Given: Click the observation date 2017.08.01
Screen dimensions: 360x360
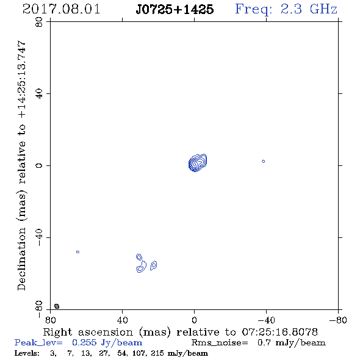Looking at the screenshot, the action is (x=61, y=9).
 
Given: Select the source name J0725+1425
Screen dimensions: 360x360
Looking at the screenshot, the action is (x=175, y=9).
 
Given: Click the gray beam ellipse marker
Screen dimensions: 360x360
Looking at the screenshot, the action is (x=57, y=306).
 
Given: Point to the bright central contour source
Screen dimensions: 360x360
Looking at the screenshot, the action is (x=198, y=163).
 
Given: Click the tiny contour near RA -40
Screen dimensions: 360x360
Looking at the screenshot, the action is (x=264, y=162).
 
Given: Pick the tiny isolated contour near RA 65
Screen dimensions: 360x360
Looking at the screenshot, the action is (x=77, y=252).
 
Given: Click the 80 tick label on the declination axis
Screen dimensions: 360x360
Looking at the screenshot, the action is (x=39, y=22).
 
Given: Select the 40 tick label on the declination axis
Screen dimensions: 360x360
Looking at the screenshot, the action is (x=39, y=94).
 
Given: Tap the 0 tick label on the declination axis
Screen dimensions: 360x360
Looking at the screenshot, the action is (x=39, y=165).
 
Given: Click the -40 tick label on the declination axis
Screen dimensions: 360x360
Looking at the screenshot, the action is (x=39, y=237).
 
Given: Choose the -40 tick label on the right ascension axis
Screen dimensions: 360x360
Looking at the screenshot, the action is (x=266, y=320).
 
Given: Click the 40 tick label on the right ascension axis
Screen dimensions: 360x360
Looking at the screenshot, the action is (x=123, y=320).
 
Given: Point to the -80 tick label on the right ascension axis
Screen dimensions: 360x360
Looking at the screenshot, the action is (x=338, y=320).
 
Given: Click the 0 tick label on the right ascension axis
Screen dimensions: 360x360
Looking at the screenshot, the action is (x=194, y=320).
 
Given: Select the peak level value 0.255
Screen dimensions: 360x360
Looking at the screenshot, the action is (x=84, y=342).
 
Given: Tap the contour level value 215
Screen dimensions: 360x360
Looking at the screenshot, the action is (x=157, y=353).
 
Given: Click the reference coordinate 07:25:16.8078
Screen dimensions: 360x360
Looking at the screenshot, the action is (x=280, y=332).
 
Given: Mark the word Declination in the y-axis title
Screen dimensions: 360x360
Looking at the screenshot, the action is (x=21, y=259).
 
